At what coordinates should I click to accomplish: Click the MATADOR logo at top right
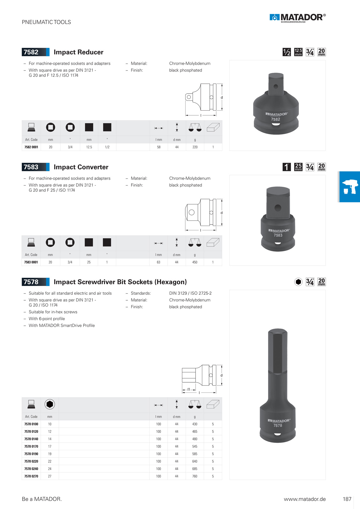click(297, 18)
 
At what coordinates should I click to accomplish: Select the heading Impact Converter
click(81, 167)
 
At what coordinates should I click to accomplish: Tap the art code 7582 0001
click(31, 147)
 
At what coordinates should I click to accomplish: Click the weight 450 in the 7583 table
click(195, 262)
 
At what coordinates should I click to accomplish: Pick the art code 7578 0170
click(31, 446)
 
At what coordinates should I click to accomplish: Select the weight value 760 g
click(195, 476)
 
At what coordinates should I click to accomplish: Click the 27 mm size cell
click(50, 476)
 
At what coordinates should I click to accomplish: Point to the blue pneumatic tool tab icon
click(349, 187)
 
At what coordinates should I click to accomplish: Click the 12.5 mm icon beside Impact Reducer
click(298, 52)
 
